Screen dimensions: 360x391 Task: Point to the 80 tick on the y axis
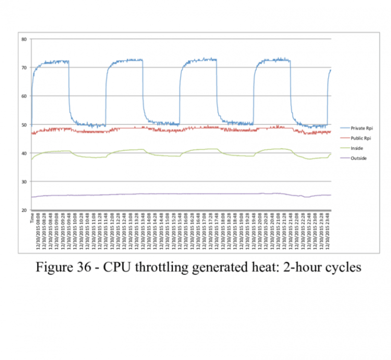coord(24,39)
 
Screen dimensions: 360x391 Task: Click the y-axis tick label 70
coord(24,68)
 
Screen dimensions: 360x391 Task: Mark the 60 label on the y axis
coord(24,96)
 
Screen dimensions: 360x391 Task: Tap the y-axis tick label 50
coord(24,125)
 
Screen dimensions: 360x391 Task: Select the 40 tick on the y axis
coord(24,153)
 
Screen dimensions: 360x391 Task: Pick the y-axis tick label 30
coord(24,182)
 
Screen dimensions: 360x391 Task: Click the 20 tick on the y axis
coord(24,210)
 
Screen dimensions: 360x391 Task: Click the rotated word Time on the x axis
coord(32,218)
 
